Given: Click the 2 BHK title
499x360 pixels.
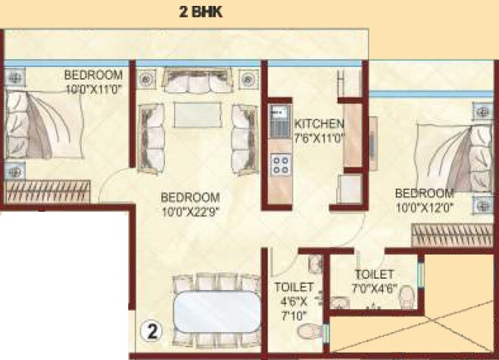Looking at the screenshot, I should [x=200, y=12].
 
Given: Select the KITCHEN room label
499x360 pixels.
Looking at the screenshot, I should [x=318, y=123].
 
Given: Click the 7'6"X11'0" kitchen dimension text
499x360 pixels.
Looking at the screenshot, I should [x=319, y=137].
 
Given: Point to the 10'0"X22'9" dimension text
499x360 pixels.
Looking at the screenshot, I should [x=191, y=211].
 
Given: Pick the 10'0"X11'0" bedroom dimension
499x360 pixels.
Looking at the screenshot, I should [x=94, y=89].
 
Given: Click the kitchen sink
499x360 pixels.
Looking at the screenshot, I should [x=279, y=119].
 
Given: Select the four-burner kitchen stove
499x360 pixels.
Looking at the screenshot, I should [x=279, y=165].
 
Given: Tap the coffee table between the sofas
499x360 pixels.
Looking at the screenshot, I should [x=197, y=117].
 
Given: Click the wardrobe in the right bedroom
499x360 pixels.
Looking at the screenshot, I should [x=450, y=235].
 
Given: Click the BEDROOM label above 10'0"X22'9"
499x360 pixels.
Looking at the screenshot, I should [x=191, y=198].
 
